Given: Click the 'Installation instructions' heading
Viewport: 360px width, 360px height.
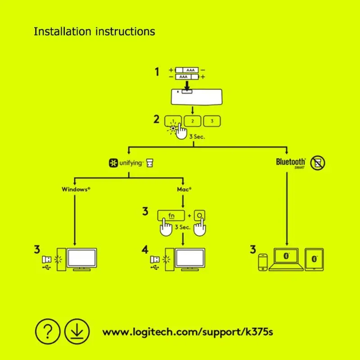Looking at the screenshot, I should click(94, 31).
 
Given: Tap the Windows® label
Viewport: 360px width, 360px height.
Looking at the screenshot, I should click(76, 189).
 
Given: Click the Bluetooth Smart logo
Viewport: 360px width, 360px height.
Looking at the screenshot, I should click(291, 162).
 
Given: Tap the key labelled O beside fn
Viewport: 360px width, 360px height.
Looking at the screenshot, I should click(200, 215).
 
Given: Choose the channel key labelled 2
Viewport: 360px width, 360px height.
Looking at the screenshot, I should click(192, 121).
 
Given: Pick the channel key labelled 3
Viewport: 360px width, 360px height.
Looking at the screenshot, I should click(212, 121).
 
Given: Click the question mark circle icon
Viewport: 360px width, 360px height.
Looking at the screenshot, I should click(47, 332).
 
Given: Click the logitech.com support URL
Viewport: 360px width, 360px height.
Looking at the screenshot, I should click(188, 333).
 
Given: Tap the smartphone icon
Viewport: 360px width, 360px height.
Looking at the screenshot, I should click(262, 262).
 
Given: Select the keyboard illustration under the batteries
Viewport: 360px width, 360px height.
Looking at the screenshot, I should click(192, 95).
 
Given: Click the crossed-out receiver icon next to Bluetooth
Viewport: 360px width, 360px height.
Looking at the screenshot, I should click(318, 162).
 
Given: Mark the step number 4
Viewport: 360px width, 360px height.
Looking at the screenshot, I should click(145, 249).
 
